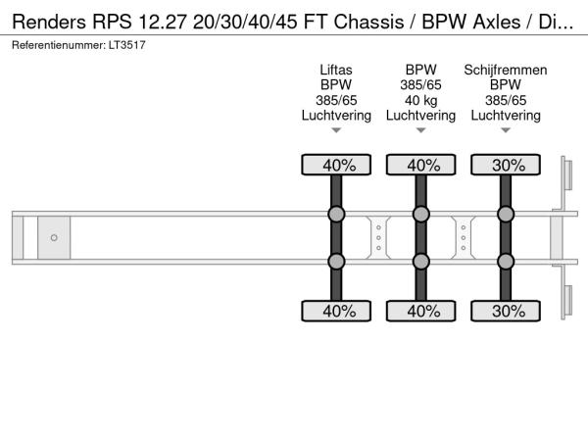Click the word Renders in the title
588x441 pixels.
click(51, 21)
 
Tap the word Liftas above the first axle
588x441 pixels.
click(336, 71)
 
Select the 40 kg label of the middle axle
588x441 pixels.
click(420, 100)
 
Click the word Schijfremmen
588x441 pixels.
click(506, 71)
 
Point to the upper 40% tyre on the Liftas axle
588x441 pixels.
click(336, 166)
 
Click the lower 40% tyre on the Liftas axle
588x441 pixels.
click(336, 312)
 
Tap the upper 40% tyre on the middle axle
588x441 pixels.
click(420, 166)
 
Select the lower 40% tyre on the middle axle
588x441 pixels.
click(420, 312)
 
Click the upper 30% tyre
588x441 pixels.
click(506, 166)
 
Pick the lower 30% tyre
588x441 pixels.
click(506, 312)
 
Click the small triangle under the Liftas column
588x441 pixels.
click(336, 130)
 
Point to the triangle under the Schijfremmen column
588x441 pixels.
click(506, 130)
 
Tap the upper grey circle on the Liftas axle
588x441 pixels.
click(336, 215)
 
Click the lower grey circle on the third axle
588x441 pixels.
click(506, 262)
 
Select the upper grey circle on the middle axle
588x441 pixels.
click(420, 215)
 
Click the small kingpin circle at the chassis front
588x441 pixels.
click(54, 238)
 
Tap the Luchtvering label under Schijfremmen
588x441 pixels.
click(506, 115)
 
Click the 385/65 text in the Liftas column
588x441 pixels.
click(336, 100)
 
